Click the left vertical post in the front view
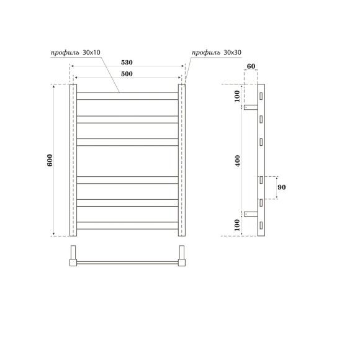pyautogui.click(x=73, y=160)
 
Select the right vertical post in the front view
pyautogui.click(x=182, y=160)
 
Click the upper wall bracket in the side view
pyautogui.click(x=251, y=107)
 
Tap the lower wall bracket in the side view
pyautogui.click(x=251, y=214)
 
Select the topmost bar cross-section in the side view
pyautogui.click(x=262, y=96)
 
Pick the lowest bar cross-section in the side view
pyautogui.click(x=262, y=226)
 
